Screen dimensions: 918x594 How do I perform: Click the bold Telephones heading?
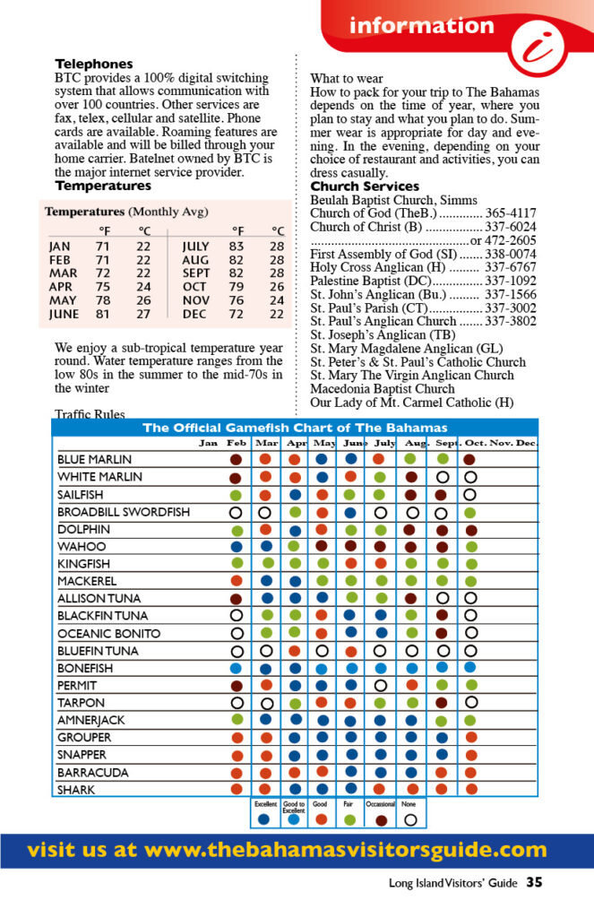[x=94, y=64]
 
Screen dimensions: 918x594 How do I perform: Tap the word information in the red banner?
[x=421, y=25]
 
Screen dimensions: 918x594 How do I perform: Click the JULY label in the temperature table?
[x=195, y=246]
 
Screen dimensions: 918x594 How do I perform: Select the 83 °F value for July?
[x=236, y=246]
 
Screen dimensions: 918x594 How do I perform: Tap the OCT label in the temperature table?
[x=194, y=286]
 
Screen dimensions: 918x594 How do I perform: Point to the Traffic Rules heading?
[x=90, y=414]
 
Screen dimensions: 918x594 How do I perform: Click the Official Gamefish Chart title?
[x=295, y=428]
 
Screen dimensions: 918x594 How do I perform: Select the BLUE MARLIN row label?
[x=95, y=459]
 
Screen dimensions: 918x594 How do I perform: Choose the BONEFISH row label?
[x=85, y=668]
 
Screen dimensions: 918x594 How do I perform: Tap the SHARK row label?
[x=76, y=790]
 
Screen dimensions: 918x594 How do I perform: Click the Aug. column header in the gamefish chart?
[x=416, y=443]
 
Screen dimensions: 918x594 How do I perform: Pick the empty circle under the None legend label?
[x=410, y=818]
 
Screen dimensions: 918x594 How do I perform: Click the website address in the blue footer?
[x=287, y=849]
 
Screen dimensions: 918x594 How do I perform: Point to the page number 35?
[x=535, y=883]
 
